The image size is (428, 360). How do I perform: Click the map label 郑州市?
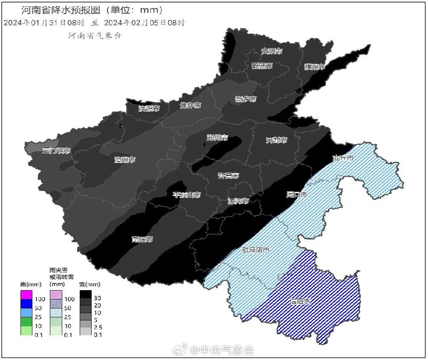pos(217,138)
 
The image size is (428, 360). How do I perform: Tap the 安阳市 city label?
pos(272,51)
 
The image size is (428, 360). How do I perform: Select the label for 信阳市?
pos(300,302)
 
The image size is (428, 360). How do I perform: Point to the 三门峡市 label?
pos(57,151)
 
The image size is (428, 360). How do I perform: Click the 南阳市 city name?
pos(142,239)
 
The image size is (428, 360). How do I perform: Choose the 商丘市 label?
pos(343,158)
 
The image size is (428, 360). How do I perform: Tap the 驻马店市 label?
pos(256,250)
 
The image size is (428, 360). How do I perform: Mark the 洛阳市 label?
pos(125,160)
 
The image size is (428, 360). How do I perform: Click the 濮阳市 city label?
pos(315,67)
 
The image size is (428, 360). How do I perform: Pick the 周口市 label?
pos(296,195)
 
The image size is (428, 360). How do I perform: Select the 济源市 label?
pos(149,109)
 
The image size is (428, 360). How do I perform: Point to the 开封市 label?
pos(276,140)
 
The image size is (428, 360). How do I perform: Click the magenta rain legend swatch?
pos(26,295)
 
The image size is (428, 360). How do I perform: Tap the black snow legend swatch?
pos(86,295)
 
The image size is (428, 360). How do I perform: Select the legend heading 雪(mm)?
pos(90,284)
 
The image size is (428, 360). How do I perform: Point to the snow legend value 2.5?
pos(98,327)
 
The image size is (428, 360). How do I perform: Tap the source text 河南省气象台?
pos(95,36)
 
